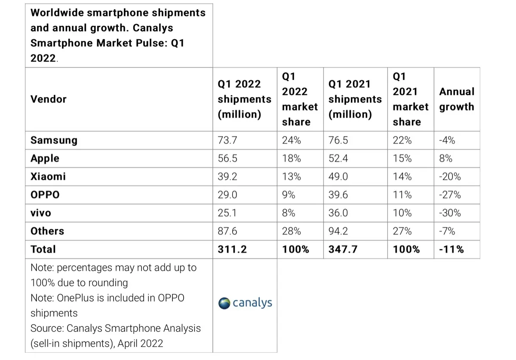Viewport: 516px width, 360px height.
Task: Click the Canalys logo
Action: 245,303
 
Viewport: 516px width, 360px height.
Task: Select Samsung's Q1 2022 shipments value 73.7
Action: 227,140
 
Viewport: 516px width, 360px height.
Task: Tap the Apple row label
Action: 45,158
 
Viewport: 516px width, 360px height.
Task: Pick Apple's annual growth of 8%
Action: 445,158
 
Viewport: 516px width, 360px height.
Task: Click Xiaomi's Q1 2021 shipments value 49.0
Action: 338,177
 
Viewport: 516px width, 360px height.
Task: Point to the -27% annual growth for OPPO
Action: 450,195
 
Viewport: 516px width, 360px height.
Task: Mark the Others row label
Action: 47,231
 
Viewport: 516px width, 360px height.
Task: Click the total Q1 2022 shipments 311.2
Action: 232,249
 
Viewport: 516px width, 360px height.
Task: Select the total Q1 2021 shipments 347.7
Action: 343,249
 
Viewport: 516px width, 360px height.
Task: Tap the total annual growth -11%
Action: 451,249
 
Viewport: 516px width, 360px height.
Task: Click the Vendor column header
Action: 49,99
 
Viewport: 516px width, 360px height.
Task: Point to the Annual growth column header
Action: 457,99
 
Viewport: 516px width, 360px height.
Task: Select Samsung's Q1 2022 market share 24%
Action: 291,140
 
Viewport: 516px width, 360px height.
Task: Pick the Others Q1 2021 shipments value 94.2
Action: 338,231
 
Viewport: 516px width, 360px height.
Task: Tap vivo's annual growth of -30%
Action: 450,213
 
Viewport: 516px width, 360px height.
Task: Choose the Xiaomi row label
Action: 48,177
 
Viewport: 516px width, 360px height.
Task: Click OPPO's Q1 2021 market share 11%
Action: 402,195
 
